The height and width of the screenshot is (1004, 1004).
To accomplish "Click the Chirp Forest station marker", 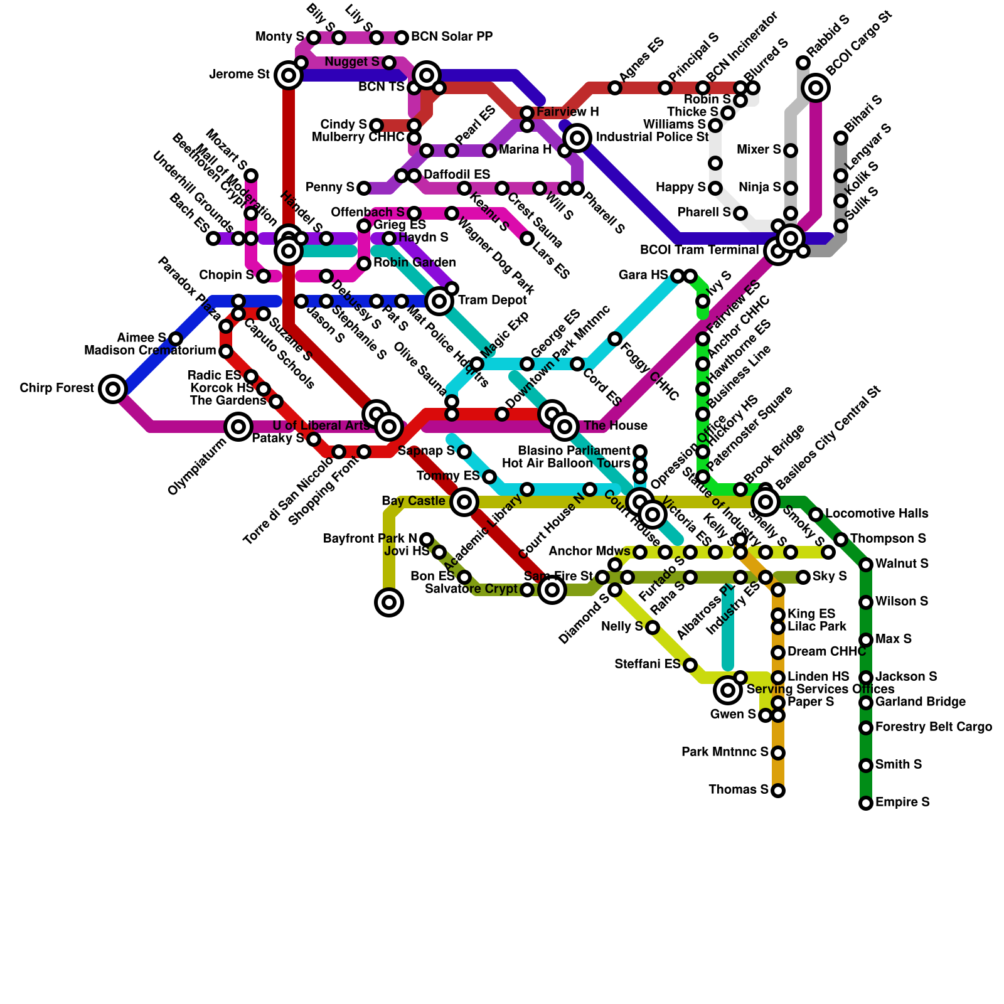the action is click(x=113, y=389).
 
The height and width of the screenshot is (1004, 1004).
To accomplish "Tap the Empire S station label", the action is click(x=902, y=803).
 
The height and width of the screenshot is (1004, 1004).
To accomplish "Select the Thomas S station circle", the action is click(x=778, y=791).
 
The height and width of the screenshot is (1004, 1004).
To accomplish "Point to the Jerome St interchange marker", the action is click(x=289, y=75).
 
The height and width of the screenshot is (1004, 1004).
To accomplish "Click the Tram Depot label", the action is click(x=493, y=301).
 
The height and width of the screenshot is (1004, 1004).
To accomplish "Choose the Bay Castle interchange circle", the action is click(x=464, y=502).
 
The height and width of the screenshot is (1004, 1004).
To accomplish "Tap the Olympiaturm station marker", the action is click(x=238, y=427).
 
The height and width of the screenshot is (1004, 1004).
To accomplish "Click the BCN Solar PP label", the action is click(x=452, y=37).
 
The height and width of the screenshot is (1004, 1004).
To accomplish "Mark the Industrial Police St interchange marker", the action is click(x=577, y=137).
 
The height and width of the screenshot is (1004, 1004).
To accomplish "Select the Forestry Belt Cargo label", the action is click(x=934, y=727).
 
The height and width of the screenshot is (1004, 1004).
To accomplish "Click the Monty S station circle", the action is click(x=314, y=38).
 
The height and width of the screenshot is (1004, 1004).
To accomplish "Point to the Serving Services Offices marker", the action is click(x=728, y=690).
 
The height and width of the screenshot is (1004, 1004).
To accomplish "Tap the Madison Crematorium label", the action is click(x=150, y=351).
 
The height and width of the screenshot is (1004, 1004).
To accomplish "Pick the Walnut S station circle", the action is click(x=866, y=565).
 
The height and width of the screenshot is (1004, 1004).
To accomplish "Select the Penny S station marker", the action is click(x=364, y=188).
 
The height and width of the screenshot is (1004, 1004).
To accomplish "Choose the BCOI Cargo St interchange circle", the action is click(x=816, y=88).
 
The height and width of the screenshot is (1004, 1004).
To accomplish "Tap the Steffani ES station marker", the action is click(x=690, y=665).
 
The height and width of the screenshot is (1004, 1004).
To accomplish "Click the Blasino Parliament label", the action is click(x=574, y=451).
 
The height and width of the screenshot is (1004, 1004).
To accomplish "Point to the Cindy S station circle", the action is click(x=376, y=125).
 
